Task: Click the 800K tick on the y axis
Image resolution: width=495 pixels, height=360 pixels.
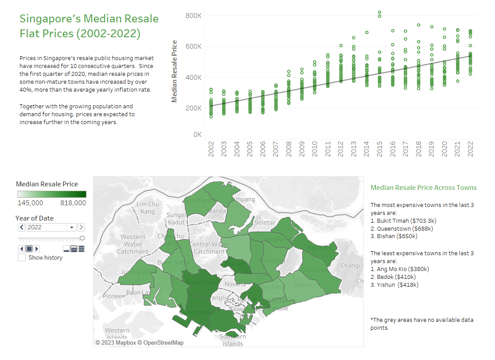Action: [x=193, y=15]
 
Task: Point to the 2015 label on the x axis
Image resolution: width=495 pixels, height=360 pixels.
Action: [x=380, y=148]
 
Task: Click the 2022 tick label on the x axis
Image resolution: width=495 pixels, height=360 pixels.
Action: [x=471, y=148]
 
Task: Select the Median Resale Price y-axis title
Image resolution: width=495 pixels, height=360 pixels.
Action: [x=175, y=71]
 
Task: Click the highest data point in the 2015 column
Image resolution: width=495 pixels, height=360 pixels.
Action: [x=380, y=12]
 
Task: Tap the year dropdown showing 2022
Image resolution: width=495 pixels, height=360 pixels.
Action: [x=50, y=227]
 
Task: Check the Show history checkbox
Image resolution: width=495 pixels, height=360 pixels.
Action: [x=22, y=258]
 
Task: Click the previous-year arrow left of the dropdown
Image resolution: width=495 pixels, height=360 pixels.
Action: [x=22, y=227]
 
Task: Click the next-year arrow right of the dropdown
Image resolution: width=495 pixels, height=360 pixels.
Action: [x=81, y=227]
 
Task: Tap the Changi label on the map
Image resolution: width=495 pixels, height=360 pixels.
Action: [x=350, y=265]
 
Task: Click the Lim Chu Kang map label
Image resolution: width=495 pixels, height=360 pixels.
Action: [x=148, y=208]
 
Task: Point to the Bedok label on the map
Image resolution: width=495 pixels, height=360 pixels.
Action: [x=303, y=285]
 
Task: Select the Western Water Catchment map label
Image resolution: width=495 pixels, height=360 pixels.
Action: [x=133, y=244]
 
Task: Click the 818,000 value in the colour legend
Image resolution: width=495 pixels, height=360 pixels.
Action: [x=74, y=203]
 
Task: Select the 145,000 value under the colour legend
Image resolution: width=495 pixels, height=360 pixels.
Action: [x=30, y=203]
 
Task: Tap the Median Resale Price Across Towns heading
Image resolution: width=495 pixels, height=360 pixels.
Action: [x=423, y=188]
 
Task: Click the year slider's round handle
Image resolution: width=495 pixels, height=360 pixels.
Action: [x=82, y=238]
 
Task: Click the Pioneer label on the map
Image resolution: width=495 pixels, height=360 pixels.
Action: [x=114, y=296]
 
